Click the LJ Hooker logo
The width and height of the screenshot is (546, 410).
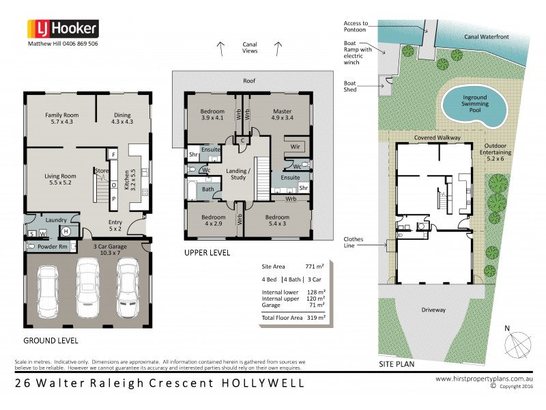pos(63,29)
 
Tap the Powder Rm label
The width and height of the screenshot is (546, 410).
pos(51,246)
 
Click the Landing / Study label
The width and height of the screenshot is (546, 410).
pos(239,174)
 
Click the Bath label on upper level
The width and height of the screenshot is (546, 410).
pos(207,189)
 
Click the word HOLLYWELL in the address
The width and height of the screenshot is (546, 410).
pos(263,383)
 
